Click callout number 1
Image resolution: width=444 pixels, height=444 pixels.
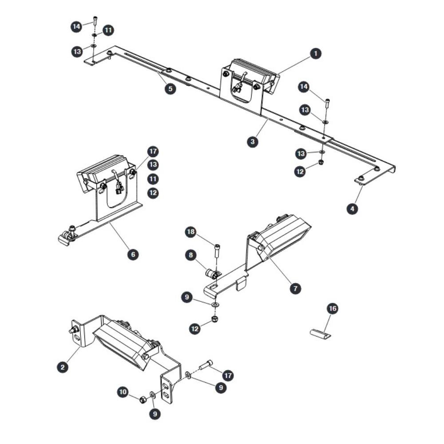pyautogui.click(x=316, y=54)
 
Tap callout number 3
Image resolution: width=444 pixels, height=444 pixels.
pyautogui.click(x=253, y=142)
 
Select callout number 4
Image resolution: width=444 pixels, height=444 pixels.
pyautogui.click(x=352, y=209)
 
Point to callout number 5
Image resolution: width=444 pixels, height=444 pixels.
pyautogui.click(x=170, y=89)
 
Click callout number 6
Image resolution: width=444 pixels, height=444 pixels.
pyautogui.click(x=133, y=254)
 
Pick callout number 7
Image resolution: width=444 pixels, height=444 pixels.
pyautogui.click(x=295, y=289)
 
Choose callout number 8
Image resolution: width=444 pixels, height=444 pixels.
pyautogui.click(x=191, y=255)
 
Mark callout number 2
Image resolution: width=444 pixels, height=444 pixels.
pyautogui.click(x=63, y=367)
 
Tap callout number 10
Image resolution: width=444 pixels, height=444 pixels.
pyautogui.click(x=123, y=392)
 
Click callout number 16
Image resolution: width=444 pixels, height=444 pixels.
pyautogui.click(x=333, y=309)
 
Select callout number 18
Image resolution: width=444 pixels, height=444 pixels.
pyautogui.click(x=191, y=232)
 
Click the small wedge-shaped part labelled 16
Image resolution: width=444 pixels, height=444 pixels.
pyautogui.click(x=321, y=333)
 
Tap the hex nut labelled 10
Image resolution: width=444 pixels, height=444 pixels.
pyautogui.click(x=142, y=400)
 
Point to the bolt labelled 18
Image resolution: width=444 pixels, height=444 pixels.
pyautogui.click(x=217, y=250)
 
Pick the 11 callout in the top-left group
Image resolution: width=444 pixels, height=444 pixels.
pyautogui.click(x=108, y=30)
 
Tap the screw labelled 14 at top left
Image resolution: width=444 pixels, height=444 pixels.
pyautogui.click(x=95, y=20)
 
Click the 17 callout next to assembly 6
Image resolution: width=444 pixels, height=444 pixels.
pyautogui.click(x=153, y=151)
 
